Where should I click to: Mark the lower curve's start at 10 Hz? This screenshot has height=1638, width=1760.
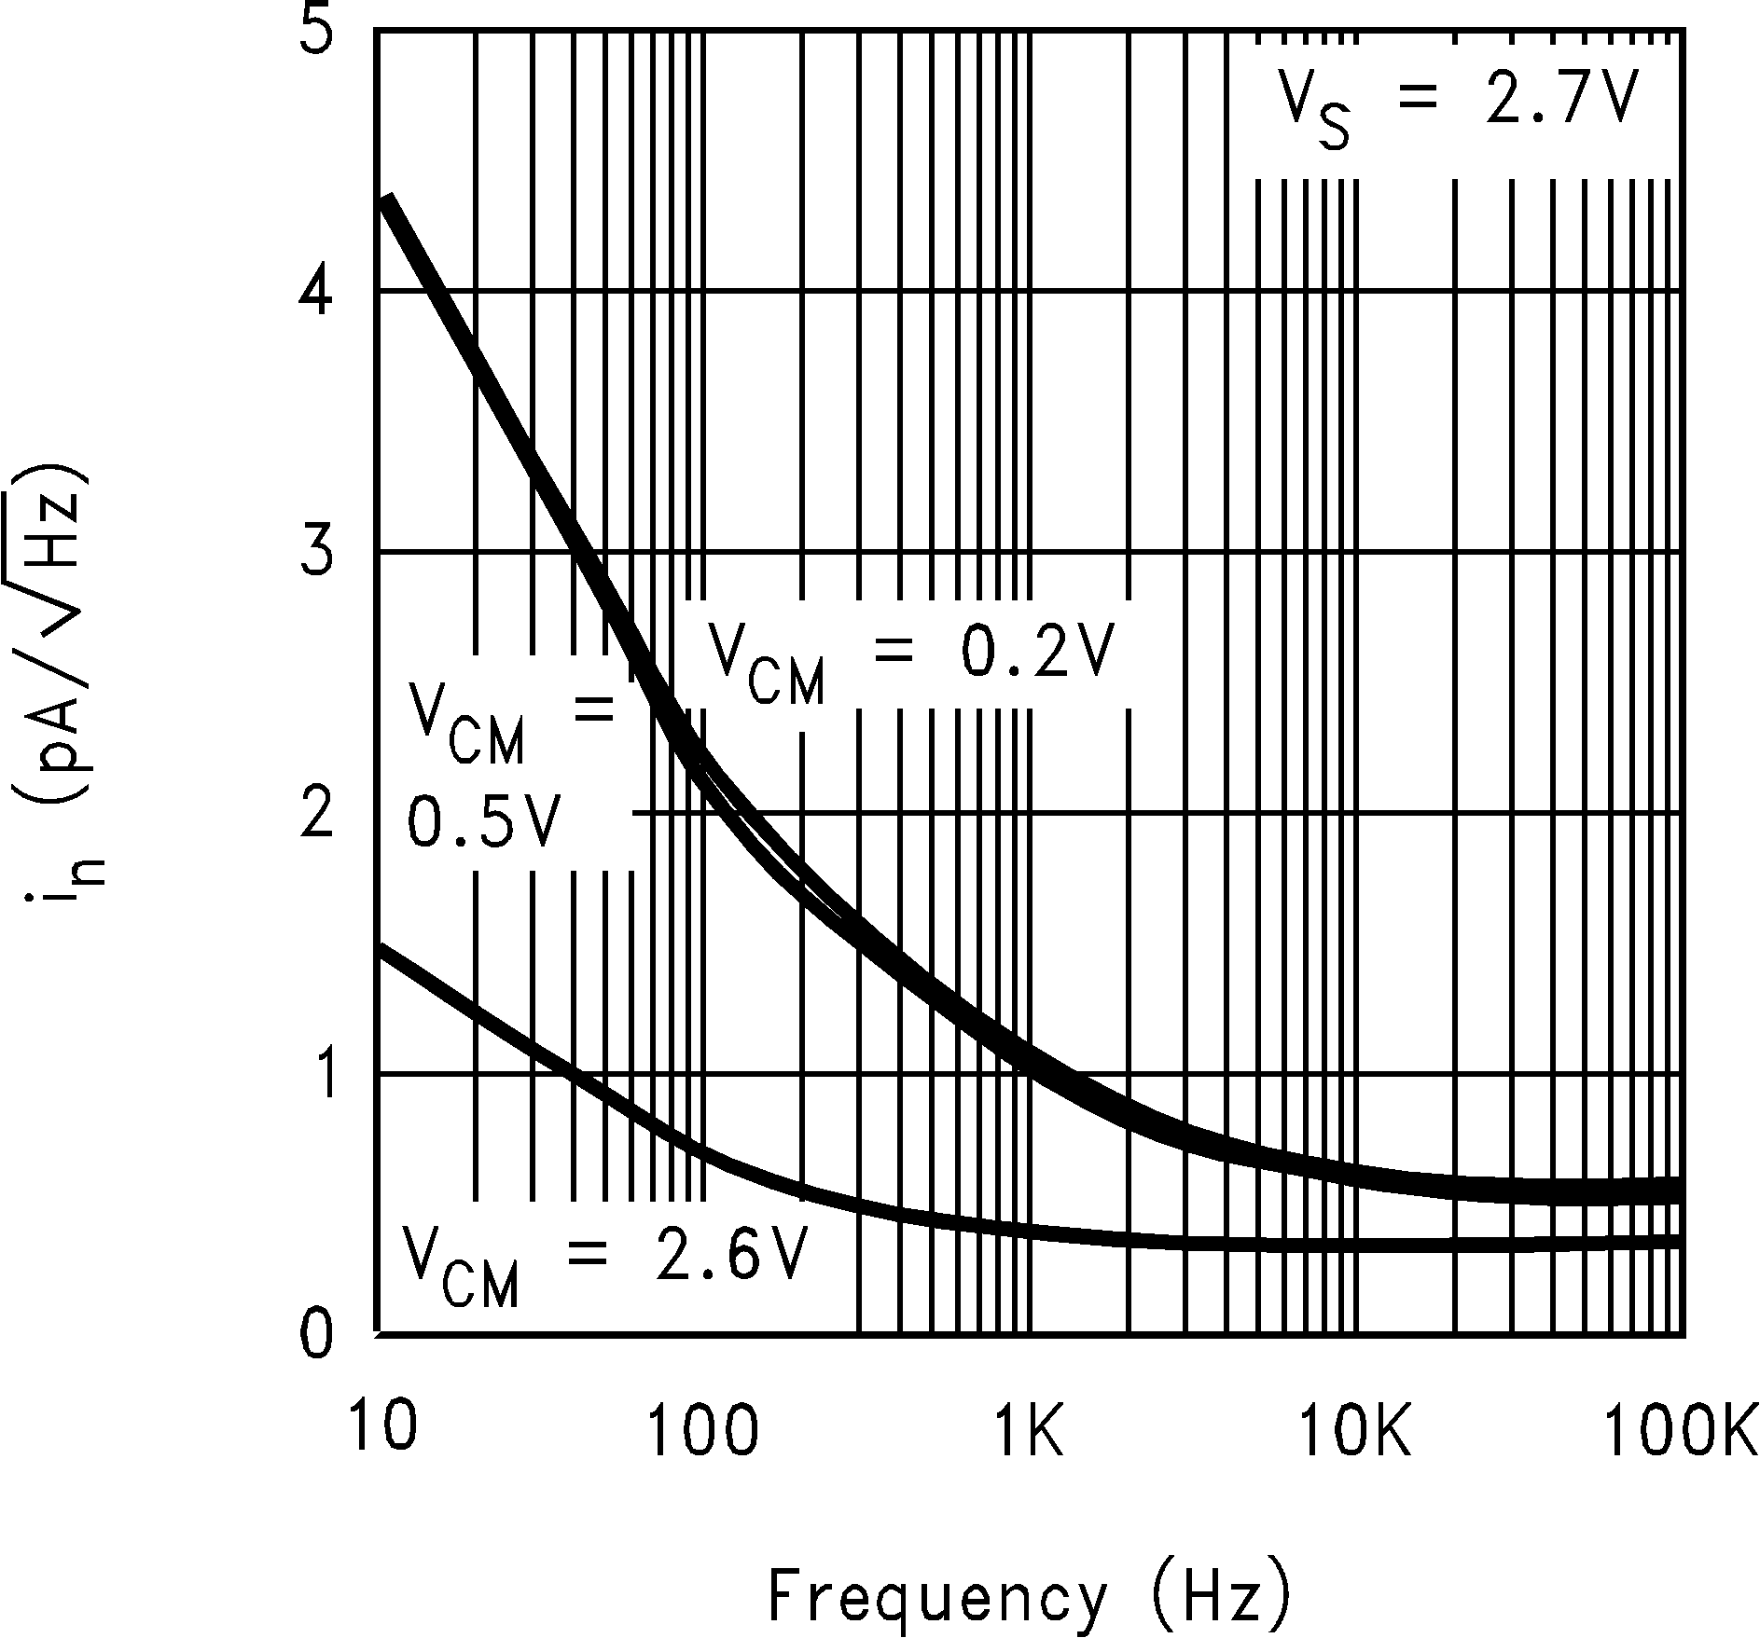point(381,952)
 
